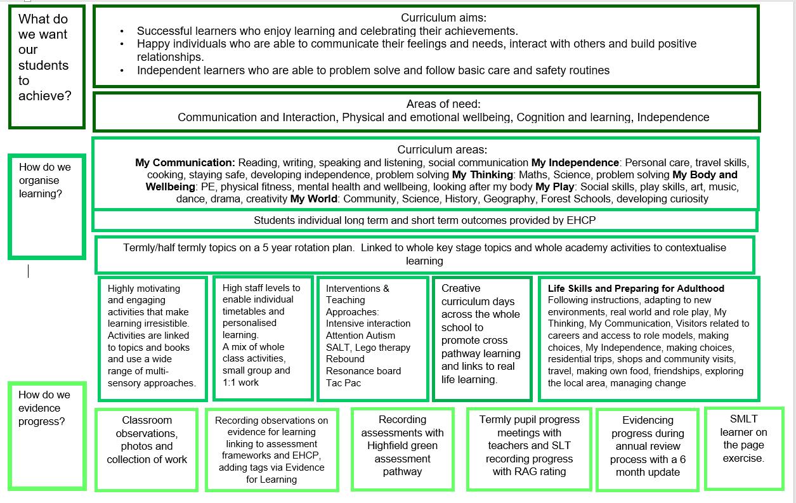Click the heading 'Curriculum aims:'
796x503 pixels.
443,18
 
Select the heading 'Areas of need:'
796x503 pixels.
443,104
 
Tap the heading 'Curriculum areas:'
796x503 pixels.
442,150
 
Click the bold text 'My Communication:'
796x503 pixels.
185,162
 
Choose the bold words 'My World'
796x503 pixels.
313,199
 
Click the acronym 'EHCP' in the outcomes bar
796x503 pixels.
582,220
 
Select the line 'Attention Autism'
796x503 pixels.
360,336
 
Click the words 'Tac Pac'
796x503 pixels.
343,382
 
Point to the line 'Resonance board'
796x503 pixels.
363,370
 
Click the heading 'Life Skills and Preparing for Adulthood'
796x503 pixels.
636,288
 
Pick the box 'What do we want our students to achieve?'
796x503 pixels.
46,66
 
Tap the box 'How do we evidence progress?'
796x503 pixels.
46,435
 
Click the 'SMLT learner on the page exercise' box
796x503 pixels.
743,448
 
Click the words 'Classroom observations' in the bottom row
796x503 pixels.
147,426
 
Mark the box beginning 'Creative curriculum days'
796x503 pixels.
481,337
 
